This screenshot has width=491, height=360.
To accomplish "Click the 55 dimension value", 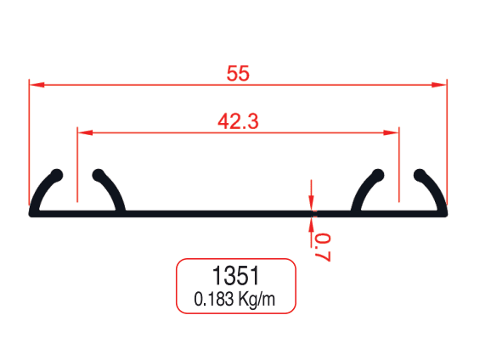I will tap(238, 74).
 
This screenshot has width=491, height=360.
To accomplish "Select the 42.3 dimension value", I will tap(238, 121).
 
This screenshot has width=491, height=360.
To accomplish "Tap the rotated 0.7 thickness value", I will tap(321, 246).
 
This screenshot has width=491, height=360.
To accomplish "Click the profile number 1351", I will tap(235, 276).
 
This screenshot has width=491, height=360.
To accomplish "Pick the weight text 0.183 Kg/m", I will tap(234, 299).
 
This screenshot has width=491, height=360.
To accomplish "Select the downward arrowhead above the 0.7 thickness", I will tap(312, 203).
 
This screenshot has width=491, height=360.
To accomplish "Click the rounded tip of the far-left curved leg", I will tap(58, 175).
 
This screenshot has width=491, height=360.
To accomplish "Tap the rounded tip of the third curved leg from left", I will tap(380, 175).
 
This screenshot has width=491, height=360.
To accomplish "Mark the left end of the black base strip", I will tap(32, 212).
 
